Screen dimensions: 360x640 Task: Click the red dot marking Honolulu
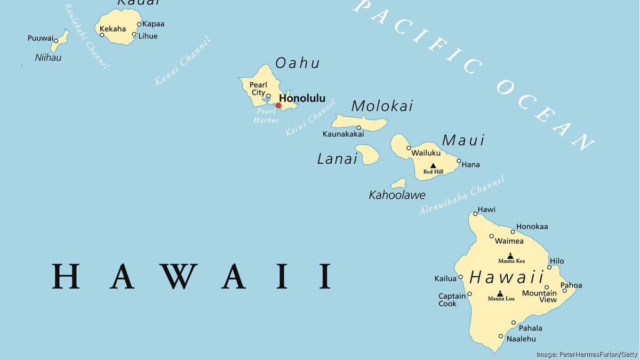[278, 106]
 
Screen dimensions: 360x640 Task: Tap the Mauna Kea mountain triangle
[510, 256]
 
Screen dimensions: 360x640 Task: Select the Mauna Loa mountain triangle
[500, 293]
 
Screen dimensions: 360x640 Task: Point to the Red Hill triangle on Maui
[433, 166]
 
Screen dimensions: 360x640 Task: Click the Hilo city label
[557, 261]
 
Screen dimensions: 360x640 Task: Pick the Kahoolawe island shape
[398, 184]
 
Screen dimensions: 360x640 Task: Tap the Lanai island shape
[367, 155]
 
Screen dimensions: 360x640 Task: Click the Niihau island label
[48, 57]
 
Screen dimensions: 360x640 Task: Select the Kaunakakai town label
[343, 134]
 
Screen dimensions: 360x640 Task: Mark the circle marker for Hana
[459, 161]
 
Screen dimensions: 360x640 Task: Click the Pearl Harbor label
[266, 116]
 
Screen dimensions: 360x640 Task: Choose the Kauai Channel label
[182, 61]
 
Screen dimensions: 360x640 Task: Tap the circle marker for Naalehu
[501, 336]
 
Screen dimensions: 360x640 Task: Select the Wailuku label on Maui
[426, 153]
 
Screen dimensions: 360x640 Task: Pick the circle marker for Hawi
[475, 214]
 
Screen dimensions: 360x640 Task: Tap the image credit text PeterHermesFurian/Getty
[587, 354]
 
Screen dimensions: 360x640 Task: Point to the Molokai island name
[382, 106]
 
